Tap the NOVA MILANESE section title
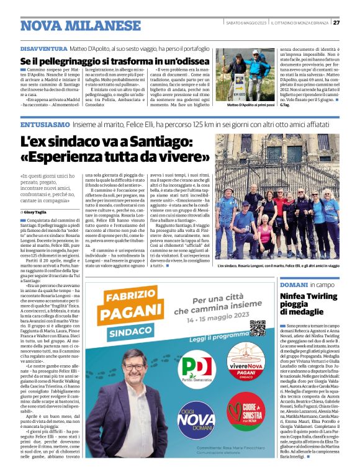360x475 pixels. coord(80,25)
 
